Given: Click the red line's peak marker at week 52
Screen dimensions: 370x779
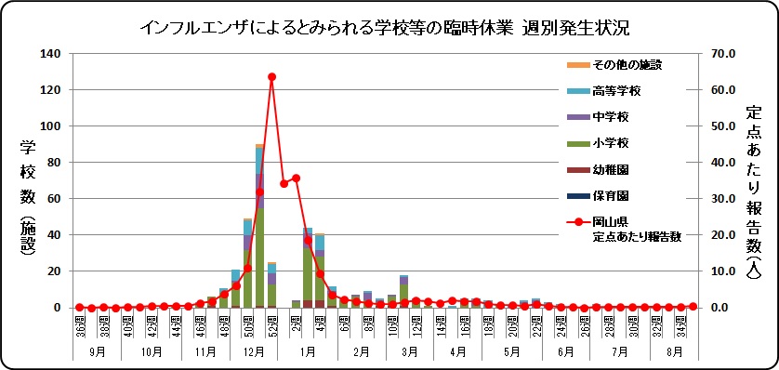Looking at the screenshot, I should tap(271, 77).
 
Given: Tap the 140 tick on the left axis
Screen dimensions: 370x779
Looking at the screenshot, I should tap(49, 54).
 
